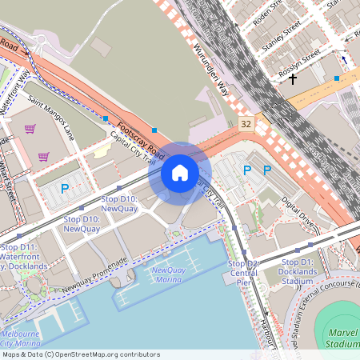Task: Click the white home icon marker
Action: click(179, 172)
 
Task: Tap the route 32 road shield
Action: click(246, 124)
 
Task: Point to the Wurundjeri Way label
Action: click(212, 70)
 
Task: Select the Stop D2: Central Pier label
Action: click(243, 272)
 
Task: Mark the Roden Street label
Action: click(269, 14)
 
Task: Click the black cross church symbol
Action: click(293, 79)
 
